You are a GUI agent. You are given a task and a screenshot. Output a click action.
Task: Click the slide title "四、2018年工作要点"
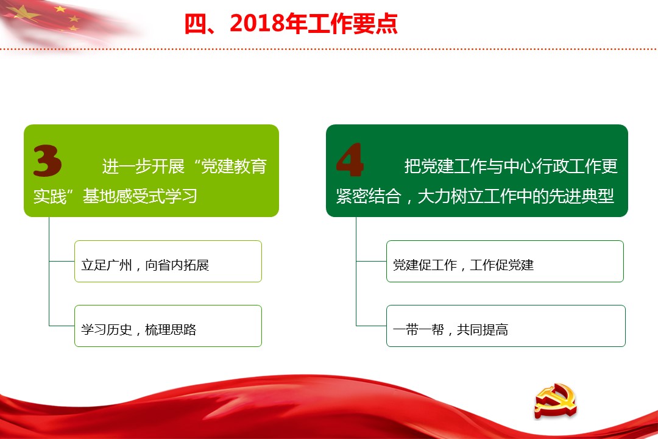pyautogui.click(x=291, y=24)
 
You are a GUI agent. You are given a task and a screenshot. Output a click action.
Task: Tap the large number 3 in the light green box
pyautogui.click(x=48, y=160)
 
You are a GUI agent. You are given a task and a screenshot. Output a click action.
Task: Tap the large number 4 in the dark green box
pyautogui.click(x=350, y=160)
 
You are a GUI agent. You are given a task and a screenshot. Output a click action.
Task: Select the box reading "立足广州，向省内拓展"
pyautogui.click(x=168, y=262)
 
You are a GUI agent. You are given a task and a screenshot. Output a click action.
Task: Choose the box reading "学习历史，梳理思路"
pyautogui.click(x=168, y=326)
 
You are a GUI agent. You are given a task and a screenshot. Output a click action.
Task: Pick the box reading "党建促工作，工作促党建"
pyautogui.click(x=505, y=262)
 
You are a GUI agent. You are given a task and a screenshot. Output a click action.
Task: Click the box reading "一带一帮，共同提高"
pyautogui.click(x=506, y=326)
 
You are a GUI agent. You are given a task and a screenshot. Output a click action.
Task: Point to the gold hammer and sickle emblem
pyautogui.click(x=555, y=401)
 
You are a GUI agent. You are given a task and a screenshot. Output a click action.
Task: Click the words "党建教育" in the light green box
pyautogui.click(x=234, y=166)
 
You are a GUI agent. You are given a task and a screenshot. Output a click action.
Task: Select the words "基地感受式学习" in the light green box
pyautogui.click(x=140, y=196)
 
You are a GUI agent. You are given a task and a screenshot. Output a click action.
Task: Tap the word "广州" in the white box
pyautogui.click(x=119, y=265)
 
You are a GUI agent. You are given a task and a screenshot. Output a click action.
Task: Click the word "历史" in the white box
pyautogui.click(x=119, y=330)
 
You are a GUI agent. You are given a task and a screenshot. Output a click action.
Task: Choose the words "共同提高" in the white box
pyautogui.click(x=482, y=330)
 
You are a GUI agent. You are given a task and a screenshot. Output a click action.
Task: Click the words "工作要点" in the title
pyautogui.click(x=353, y=24)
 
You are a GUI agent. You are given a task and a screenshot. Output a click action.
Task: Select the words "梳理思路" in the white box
pyautogui.click(x=171, y=330)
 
